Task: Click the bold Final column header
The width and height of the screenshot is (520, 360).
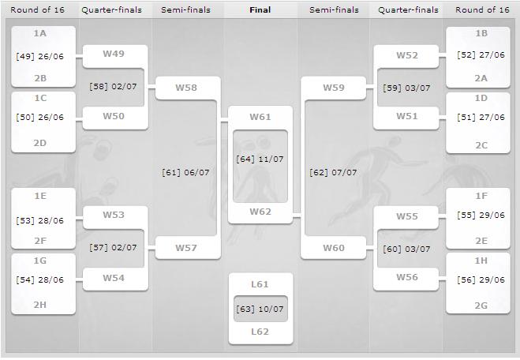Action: (260, 10)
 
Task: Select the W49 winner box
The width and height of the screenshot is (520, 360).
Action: (114, 56)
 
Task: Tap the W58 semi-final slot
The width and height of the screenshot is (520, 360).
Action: (188, 88)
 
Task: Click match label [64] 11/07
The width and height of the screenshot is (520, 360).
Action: (260, 159)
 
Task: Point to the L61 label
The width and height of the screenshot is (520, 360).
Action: (260, 284)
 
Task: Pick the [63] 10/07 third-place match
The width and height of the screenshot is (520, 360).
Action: (260, 309)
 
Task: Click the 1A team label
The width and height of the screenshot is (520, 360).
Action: (39, 33)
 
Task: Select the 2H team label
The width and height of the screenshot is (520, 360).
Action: (39, 305)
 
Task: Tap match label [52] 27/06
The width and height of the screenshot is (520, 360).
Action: (481, 55)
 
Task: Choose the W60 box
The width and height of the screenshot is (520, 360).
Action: (333, 248)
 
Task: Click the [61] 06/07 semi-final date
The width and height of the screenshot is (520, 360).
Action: (185, 173)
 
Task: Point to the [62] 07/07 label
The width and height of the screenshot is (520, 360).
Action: (333, 173)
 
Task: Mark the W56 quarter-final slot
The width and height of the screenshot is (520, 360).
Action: (407, 278)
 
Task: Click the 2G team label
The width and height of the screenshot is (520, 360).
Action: (481, 306)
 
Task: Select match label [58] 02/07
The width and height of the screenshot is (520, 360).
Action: (113, 87)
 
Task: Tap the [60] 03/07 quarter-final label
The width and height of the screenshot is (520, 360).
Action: (406, 249)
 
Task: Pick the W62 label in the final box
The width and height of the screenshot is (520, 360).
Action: (260, 212)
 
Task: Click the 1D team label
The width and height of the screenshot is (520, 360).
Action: (481, 98)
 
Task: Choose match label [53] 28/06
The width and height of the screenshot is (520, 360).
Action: (39, 220)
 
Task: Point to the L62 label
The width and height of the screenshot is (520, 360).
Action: (260, 332)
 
